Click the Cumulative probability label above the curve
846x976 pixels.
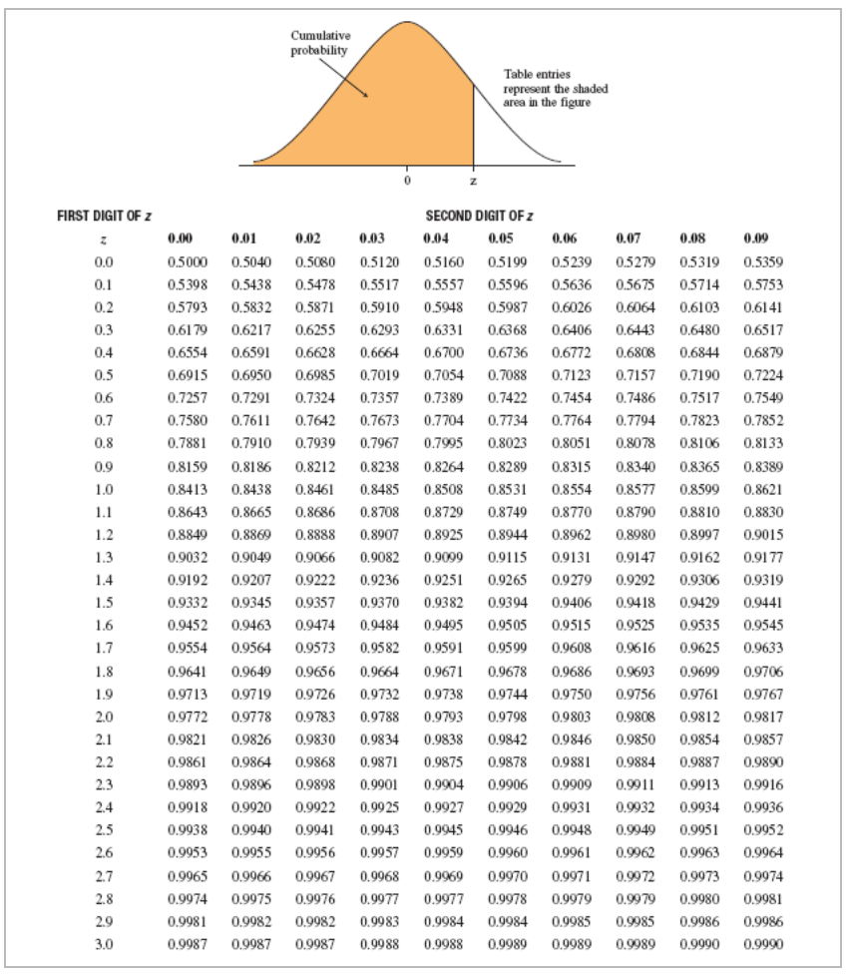point(318,44)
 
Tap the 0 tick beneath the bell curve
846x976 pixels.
point(407,181)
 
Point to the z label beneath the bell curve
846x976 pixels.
point(473,181)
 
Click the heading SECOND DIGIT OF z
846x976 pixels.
point(479,216)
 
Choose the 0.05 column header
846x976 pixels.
point(501,240)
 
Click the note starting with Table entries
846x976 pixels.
point(555,89)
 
